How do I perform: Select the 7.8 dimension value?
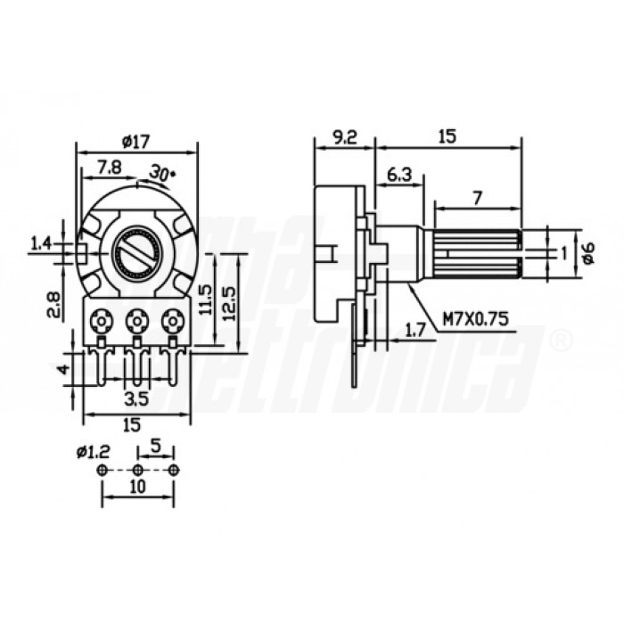tap(111, 167)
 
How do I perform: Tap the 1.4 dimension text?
tap(42, 242)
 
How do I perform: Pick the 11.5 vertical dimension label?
tap(207, 300)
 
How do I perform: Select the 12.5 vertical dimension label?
tap(230, 300)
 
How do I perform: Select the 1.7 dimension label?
tap(415, 330)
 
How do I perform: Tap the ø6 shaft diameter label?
tap(586, 252)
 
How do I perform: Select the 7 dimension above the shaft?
tap(477, 199)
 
